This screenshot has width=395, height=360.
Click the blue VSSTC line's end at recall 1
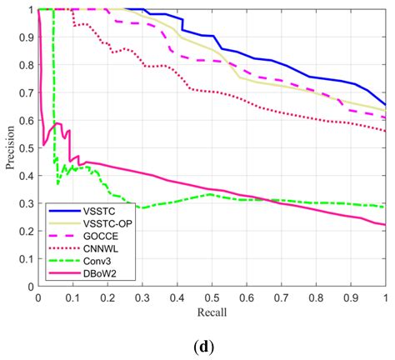(x=385, y=105)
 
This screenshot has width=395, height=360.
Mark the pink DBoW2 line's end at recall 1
(x=385, y=224)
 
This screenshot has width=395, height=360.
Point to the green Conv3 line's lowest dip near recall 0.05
(x=57, y=182)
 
